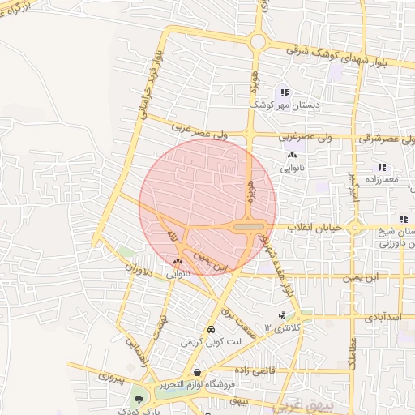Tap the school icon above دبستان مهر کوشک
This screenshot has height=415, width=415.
click(x=284, y=92)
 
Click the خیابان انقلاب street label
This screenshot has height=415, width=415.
click(x=317, y=229)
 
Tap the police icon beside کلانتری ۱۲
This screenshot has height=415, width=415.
click(x=281, y=315)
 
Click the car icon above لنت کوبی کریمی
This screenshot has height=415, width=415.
click(x=211, y=330)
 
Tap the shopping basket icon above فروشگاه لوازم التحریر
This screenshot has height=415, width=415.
click(x=199, y=372)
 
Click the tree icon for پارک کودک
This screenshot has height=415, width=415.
click(x=139, y=400)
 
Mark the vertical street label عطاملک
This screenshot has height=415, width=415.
click(x=353, y=353)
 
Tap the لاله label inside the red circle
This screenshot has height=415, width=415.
click(x=171, y=235)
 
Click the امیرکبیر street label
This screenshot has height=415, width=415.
click(x=353, y=186)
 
